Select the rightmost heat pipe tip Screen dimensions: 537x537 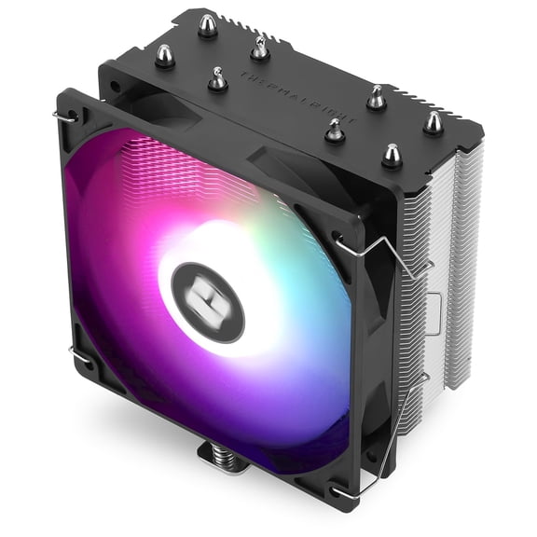(x=434, y=122)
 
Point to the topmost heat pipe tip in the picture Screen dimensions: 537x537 (x=207, y=24)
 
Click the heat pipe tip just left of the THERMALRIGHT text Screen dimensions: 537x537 (x=217, y=80)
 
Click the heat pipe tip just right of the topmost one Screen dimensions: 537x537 (x=260, y=48)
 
